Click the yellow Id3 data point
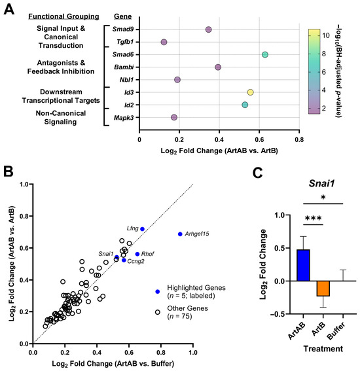(x=250, y=92)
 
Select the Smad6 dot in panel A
(x=265, y=55)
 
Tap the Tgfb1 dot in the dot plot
(x=164, y=42)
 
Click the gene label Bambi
(x=124, y=67)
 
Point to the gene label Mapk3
(x=124, y=118)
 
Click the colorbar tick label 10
(x=326, y=35)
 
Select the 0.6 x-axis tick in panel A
(x=259, y=139)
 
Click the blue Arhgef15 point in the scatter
(x=180, y=234)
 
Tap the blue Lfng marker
(x=142, y=229)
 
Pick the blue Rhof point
(x=137, y=254)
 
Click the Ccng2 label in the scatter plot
(x=135, y=262)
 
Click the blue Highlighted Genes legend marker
(x=157, y=292)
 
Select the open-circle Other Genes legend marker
(x=157, y=312)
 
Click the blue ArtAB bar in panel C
(x=303, y=265)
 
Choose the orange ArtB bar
(x=323, y=289)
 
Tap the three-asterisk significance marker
(x=313, y=218)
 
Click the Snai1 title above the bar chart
(x=321, y=183)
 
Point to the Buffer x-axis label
(x=336, y=331)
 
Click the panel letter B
(x=9, y=171)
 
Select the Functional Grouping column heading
(x=63, y=16)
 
